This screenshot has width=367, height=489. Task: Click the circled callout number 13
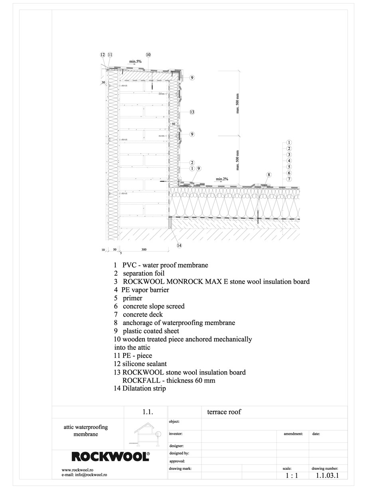(x=192, y=112)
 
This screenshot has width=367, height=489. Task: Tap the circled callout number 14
(x=179, y=245)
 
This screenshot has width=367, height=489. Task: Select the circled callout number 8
(x=269, y=175)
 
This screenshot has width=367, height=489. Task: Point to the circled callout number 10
(x=148, y=55)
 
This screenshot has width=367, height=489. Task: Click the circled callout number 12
(x=103, y=55)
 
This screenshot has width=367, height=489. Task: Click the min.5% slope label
(x=135, y=61)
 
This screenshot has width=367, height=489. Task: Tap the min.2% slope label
(x=222, y=179)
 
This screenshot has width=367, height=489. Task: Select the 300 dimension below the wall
(x=144, y=250)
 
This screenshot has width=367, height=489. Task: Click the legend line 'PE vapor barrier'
(x=141, y=290)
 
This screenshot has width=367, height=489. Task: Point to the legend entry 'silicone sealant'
(x=140, y=364)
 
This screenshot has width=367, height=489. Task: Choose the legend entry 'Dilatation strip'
(x=140, y=388)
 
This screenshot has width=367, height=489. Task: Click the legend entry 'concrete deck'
(x=138, y=315)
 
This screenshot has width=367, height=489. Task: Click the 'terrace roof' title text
(x=224, y=412)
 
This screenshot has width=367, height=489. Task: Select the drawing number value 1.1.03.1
(x=327, y=475)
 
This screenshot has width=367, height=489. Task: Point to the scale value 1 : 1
(x=292, y=475)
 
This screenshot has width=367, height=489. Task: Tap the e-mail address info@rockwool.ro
(x=84, y=475)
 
